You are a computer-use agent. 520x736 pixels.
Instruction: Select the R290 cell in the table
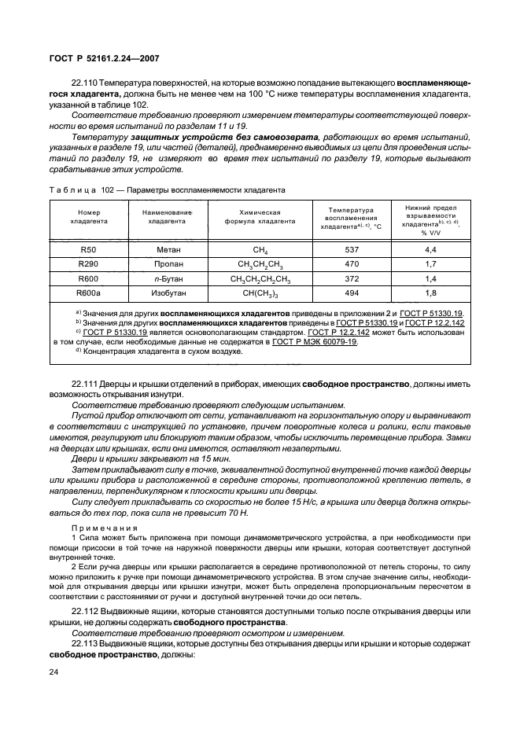88,263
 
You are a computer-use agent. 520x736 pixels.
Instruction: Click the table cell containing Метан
164,248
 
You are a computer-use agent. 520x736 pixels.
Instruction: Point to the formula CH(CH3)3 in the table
260,293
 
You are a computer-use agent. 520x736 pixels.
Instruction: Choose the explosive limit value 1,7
430,263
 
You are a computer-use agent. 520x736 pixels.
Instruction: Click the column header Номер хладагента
88,217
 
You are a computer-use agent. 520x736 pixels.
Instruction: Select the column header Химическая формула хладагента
260,217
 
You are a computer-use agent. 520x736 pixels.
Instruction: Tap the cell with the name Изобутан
164,293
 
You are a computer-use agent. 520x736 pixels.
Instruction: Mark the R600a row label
88,293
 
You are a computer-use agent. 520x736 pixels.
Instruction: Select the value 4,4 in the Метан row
430,248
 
